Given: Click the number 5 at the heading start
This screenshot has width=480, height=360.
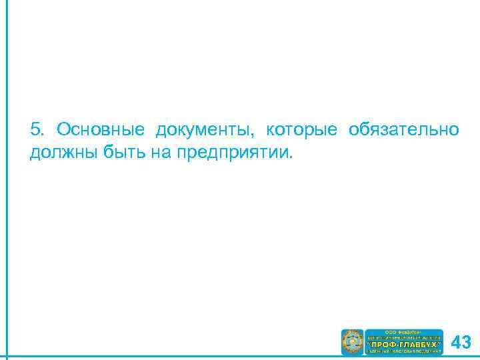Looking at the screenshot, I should point(35,129).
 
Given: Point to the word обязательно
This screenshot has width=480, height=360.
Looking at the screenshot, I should point(403,129).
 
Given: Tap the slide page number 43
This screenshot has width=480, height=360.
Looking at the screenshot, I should point(461,343).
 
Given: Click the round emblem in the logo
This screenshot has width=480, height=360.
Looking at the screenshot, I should point(352,342).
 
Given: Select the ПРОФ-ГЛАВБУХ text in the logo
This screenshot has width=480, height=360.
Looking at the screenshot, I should point(404,343).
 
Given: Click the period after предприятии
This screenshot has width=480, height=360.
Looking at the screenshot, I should point(291,157).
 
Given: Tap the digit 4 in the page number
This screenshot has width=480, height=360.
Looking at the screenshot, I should point(456,343).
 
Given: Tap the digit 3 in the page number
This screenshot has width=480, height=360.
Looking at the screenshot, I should point(467,343).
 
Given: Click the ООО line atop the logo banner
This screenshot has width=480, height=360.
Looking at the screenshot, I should point(404,331).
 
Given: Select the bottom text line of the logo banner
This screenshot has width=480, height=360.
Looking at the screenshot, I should point(404,351).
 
